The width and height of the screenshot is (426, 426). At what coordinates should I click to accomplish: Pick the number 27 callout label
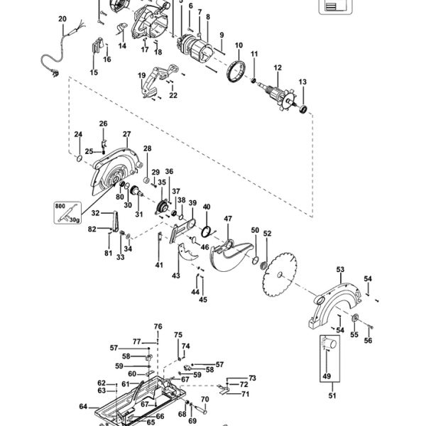click(127, 134)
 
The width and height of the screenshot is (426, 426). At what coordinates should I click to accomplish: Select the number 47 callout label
click(228, 219)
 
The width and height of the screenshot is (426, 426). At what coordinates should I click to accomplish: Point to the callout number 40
click(207, 207)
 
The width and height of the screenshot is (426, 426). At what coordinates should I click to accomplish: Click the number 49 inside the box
click(327, 376)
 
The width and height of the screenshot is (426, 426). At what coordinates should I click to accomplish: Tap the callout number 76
click(158, 327)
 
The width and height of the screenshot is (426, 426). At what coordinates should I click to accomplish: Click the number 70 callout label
click(204, 399)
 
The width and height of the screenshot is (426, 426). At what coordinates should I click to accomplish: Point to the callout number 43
click(175, 275)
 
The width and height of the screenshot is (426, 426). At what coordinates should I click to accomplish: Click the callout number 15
click(94, 72)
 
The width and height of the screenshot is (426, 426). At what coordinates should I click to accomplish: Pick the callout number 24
click(79, 134)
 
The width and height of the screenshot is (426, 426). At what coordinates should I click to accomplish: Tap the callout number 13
click(302, 82)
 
